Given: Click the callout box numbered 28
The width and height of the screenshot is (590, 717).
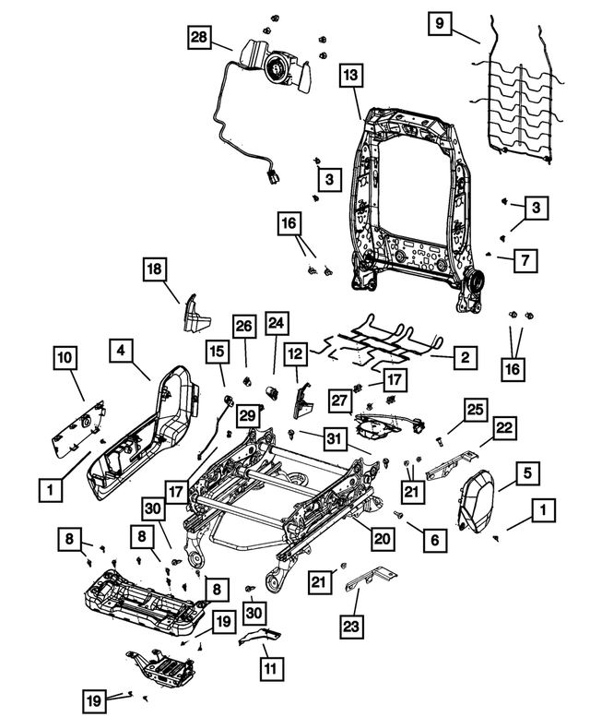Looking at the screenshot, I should point(199,39).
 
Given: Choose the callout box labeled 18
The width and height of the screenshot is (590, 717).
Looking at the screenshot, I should point(155,269).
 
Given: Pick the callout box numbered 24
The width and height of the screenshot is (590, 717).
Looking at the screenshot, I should point(277,323).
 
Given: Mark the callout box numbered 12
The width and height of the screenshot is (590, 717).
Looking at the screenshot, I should point(294,353).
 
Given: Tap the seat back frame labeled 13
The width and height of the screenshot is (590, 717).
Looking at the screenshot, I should point(410,194).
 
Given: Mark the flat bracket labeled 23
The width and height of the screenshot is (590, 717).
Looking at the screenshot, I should point(371,581).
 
